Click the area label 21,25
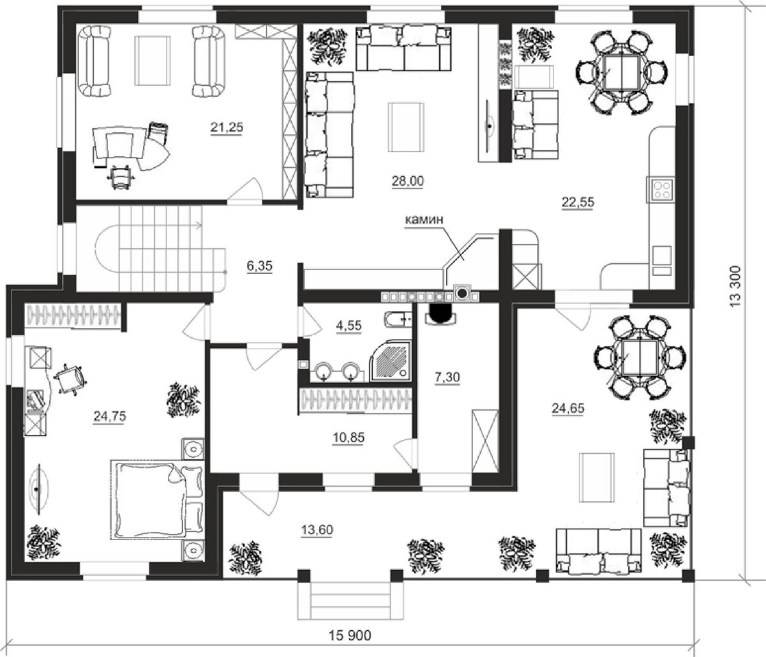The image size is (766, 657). click(227, 128)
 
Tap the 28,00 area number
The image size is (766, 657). click(408, 181)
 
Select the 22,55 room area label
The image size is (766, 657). click(578, 202)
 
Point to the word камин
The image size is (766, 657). click(424, 220)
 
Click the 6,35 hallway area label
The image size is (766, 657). click(259, 266)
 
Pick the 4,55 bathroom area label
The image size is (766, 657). click(349, 326)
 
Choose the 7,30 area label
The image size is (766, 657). click(447, 377)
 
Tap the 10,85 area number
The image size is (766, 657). click(348, 437)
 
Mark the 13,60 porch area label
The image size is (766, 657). click(317, 530)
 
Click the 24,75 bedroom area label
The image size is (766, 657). click(109, 416)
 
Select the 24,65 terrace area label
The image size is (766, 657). click(567, 408)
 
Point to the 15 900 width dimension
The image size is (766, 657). click(350, 635)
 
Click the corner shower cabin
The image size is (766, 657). click(391, 361)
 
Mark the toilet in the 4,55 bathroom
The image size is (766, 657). click(398, 320)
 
